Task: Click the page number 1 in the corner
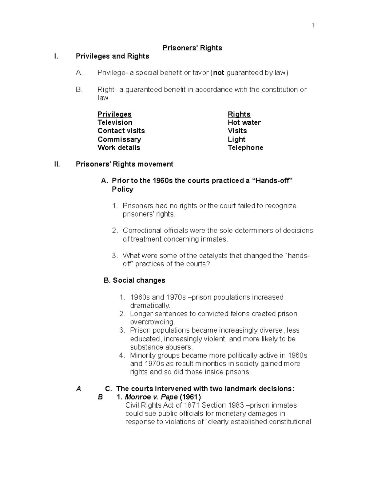313,26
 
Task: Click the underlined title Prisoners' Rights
192,48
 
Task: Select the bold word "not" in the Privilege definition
219,73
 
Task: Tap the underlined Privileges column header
114,114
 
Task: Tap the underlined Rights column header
239,114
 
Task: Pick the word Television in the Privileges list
115,123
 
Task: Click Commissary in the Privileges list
119,139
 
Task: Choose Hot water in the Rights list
244,123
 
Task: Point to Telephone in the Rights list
245,148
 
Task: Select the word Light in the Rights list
236,139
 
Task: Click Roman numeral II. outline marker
57,164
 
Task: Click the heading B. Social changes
135,280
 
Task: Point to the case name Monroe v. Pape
151,397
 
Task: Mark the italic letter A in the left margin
79,389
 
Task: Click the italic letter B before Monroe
100,397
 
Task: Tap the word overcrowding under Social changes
152,322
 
